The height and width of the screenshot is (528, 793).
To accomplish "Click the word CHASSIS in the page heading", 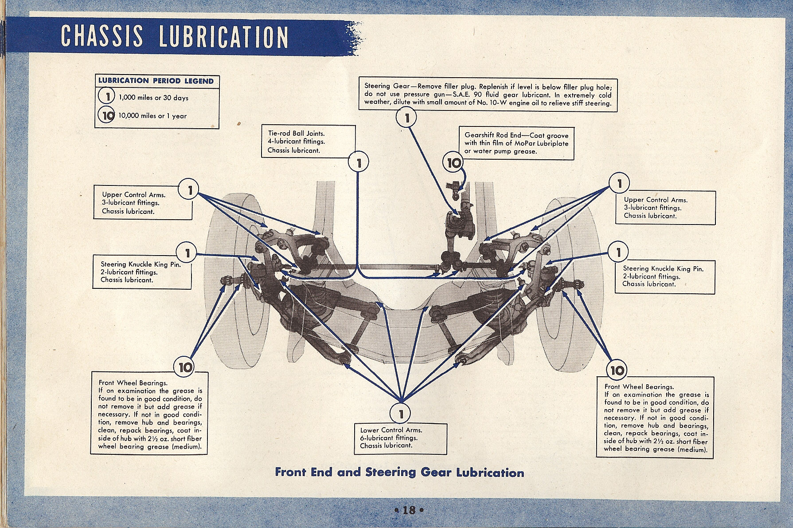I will coord(102,36).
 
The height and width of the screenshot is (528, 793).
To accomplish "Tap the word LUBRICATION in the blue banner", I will coord(224,37).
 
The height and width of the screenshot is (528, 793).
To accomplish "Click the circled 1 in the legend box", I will coord(107,96).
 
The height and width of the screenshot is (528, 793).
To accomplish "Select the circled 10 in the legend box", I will coord(107,115).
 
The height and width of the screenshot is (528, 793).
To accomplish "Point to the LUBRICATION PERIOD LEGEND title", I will coord(156,81).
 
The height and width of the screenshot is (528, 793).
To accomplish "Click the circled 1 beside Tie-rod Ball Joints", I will coord(359,163).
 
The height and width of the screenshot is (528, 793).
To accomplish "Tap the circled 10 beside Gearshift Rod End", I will coord(453,163).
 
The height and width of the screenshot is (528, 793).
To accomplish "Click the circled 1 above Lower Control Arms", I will coord(401,414).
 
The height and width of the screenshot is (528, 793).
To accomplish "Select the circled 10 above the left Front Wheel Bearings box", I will coord(185,367).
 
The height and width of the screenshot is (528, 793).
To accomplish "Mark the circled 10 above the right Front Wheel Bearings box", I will coord(617,370).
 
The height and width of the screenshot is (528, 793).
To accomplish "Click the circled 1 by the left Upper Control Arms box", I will coord(189,190).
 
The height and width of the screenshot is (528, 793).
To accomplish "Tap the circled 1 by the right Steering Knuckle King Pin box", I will coord(618,252).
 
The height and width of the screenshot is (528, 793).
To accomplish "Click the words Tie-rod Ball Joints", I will coord(296,133).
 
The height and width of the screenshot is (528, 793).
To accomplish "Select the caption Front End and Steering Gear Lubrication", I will coord(399,472).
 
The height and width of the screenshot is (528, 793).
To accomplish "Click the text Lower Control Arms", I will coord(391,430).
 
